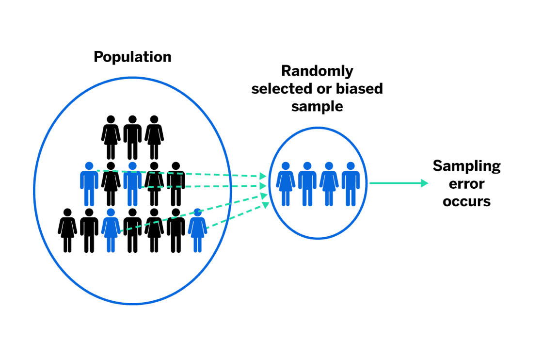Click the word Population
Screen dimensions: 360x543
coord(132,57)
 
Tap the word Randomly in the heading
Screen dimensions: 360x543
coord(317,71)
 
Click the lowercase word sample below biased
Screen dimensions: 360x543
coord(317,106)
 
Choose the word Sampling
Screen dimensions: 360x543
coord(466,166)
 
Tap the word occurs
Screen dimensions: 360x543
coord(466,201)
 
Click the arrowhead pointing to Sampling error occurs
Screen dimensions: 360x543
coord(425,183)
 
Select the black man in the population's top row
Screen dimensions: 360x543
coord(132,137)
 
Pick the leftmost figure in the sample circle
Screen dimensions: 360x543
coord(286,183)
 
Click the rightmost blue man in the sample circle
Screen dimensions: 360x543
coord(351,183)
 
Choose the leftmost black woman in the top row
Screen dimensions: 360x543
coord(111,137)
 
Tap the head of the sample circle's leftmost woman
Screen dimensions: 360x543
coord(286,166)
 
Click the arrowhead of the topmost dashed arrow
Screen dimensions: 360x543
coord(263,176)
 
